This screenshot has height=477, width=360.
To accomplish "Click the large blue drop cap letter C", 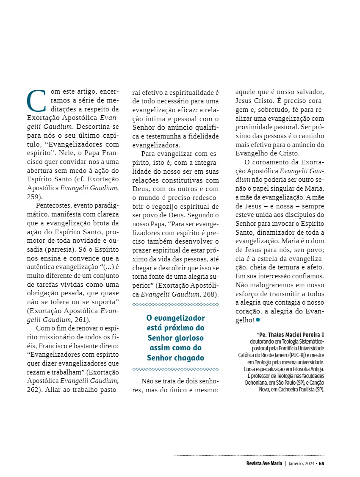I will point(36,100).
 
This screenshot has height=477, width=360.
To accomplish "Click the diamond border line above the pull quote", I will point(175,305).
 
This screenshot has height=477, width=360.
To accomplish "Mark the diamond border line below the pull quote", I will point(175,369).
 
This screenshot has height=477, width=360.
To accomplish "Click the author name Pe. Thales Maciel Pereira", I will point(289,334).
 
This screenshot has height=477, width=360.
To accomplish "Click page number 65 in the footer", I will point(321,463).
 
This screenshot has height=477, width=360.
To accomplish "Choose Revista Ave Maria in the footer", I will point(264,463).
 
